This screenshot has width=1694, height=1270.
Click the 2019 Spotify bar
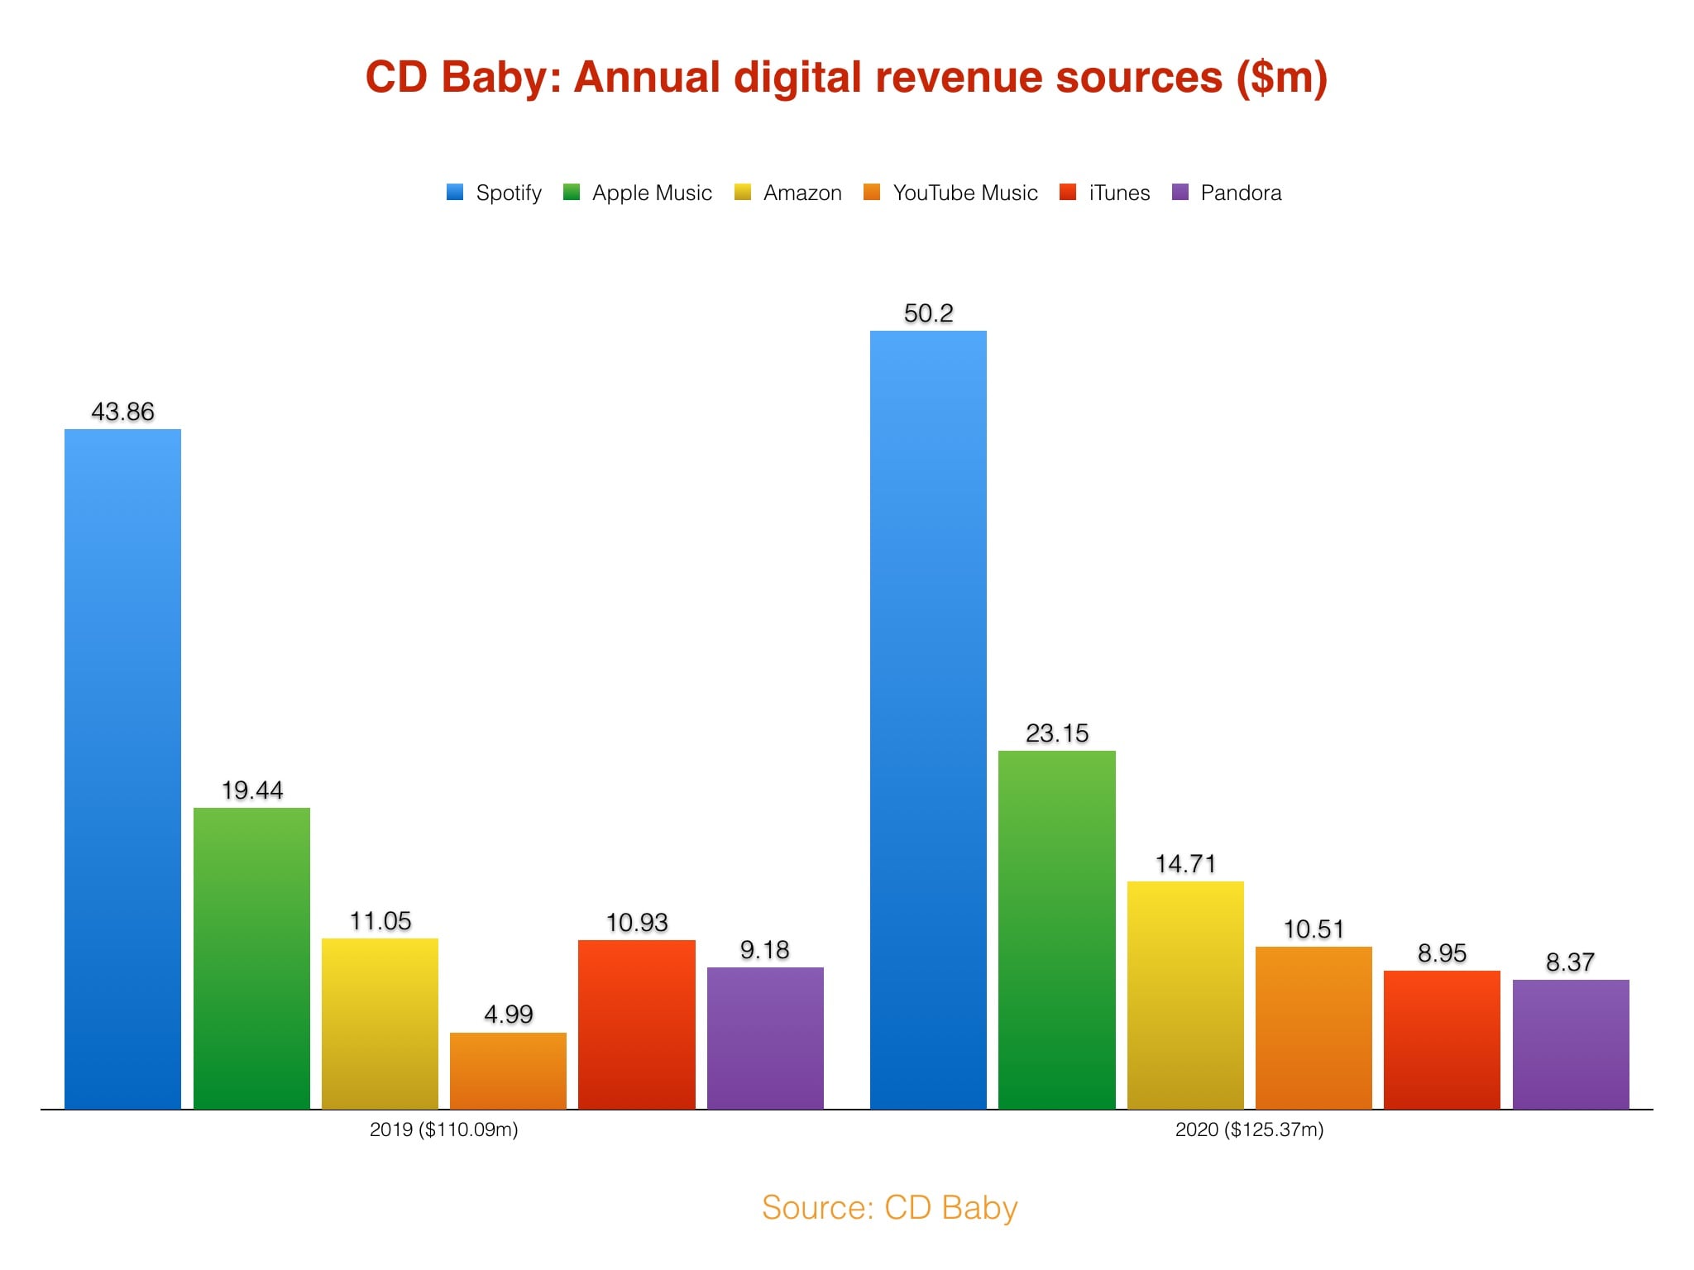122,769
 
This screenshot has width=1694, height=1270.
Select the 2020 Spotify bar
928,719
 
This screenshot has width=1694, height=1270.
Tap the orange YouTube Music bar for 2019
508,1071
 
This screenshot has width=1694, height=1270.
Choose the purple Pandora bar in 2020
1570,1044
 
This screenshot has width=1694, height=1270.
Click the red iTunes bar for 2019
636,1024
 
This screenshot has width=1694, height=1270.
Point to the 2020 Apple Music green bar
1056,929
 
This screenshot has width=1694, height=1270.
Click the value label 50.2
928,313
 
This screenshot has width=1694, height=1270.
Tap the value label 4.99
508,1015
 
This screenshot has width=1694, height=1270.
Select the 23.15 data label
1056,733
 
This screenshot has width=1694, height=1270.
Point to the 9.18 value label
764,950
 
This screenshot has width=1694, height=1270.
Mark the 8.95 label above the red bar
1442,953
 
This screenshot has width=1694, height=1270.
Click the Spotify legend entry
494,193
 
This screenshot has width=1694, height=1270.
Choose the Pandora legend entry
1227,193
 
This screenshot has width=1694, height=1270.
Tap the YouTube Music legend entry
950,193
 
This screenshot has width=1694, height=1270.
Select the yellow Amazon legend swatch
742,193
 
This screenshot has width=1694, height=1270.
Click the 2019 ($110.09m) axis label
443,1129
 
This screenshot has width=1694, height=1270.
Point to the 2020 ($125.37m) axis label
1249,1129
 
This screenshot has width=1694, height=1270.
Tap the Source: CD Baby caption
889,1208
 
